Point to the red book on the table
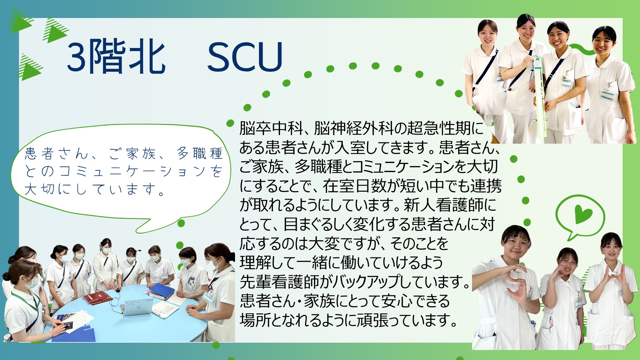pyautogui.click(x=97, y=297)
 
